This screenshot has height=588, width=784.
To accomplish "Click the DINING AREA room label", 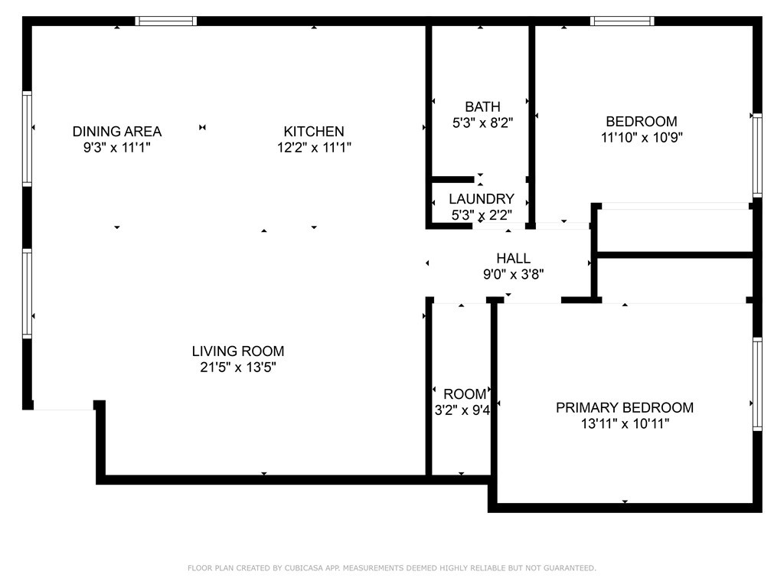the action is [x=117, y=132].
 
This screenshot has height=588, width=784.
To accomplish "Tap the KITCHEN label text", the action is [x=314, y=132].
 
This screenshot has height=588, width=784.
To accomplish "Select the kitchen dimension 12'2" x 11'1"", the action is [x=314, y=148].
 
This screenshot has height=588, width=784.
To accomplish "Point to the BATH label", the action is [x=482, y=107].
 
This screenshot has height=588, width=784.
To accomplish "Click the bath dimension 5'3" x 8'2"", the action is [x=482, y=123].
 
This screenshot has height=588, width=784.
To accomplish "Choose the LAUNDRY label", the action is [x=482, y=199].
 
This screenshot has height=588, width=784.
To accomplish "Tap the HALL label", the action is [x=514, y=259].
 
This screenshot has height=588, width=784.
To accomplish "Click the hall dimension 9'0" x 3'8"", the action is [x=514, y=275].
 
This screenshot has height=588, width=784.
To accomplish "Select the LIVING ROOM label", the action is [x=238, y=351].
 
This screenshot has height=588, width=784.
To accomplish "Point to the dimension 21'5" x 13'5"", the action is [x=238, y=367].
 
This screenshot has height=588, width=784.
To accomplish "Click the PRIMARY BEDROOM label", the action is [x=625, y=408].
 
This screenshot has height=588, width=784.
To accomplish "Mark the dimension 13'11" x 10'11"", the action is [x=625, y=424].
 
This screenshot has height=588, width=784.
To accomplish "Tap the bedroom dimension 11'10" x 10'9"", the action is [x=642, y=138].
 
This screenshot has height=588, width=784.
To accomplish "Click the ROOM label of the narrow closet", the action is [x=465, y=394].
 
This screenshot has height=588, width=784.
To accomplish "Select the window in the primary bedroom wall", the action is [x=757, y=384].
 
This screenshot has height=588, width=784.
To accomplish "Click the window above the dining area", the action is [x=166, y=21].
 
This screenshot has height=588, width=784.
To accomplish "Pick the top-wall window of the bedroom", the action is [x=622, y=21].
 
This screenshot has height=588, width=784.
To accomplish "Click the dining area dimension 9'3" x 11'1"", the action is [x=117, y=148].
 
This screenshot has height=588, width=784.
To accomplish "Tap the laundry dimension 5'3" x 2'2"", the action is [x=482, y=215].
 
